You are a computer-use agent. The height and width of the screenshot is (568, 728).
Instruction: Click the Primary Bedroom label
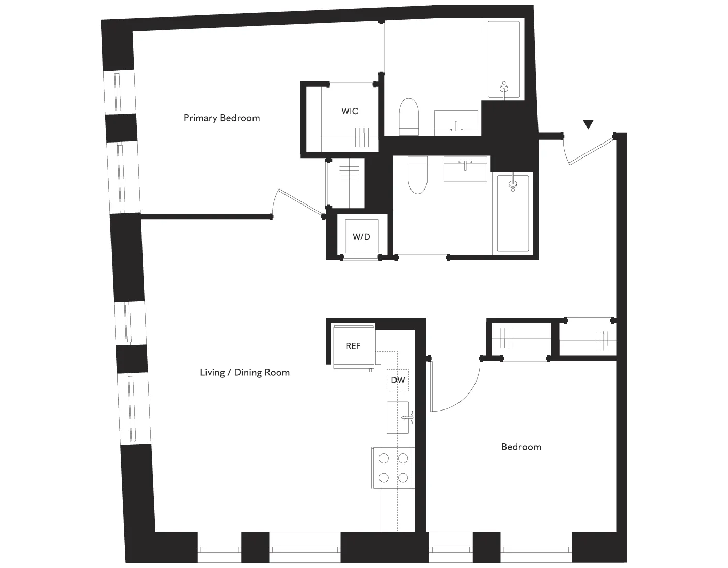tap(221, 118)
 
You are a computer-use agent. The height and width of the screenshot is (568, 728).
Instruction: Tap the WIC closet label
tap(350, 111)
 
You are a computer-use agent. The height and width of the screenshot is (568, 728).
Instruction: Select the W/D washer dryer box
tap(361, 237)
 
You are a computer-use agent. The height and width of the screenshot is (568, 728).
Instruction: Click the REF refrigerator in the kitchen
tap(353, 346)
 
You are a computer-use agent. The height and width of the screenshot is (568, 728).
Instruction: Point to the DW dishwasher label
tap(398, 381)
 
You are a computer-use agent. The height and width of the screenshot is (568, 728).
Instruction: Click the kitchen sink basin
tap(398, 417)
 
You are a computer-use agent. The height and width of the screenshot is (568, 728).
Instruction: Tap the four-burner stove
tap(393, 467)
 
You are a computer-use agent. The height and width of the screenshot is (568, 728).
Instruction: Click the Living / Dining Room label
tap(245, 372)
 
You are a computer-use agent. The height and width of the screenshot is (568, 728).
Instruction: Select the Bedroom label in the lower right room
tap(521, 447)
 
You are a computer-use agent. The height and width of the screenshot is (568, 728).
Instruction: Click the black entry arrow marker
tap(588, 124)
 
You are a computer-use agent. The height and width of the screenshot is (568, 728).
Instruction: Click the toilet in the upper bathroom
tap(408, 117)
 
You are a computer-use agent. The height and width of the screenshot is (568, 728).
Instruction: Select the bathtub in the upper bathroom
tap(504, 59)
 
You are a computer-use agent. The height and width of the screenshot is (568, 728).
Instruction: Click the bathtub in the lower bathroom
tap(513, 213)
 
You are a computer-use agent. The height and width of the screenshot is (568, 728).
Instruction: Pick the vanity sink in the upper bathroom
tap(456, 123)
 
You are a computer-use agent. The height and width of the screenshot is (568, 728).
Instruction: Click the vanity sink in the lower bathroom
tap(466, 169)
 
